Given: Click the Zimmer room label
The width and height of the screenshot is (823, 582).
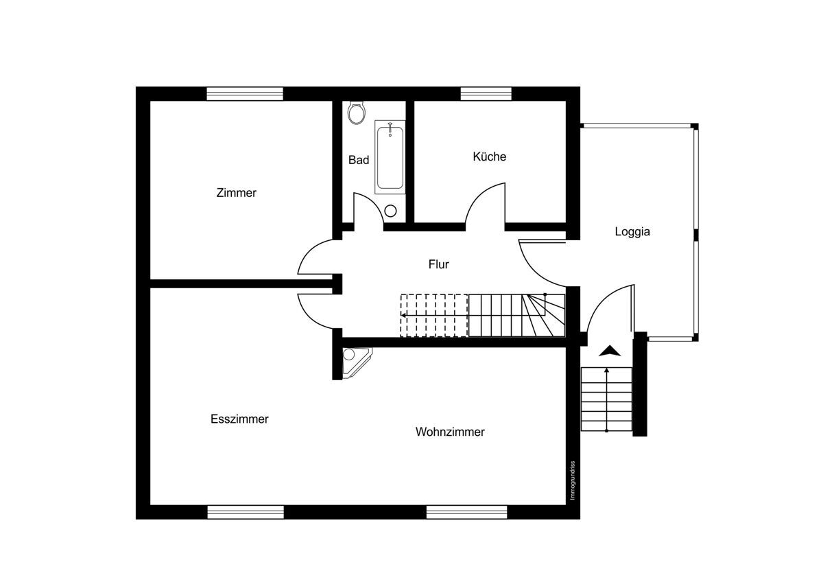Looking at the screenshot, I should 236,193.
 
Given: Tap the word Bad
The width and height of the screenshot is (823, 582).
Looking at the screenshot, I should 358,160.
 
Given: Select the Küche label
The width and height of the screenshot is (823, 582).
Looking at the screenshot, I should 489,156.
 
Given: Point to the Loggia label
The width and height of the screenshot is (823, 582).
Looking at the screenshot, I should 632,232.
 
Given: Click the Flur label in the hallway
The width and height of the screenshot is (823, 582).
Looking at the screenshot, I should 438,264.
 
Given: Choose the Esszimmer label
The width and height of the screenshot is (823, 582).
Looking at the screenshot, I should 239,419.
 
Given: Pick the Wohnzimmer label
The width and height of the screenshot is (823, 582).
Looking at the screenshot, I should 450,432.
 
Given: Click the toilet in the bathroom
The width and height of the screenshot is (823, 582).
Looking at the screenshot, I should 355,113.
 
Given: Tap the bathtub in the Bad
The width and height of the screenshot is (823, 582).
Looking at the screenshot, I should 390,156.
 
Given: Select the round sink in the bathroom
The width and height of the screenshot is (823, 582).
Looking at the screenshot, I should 391,211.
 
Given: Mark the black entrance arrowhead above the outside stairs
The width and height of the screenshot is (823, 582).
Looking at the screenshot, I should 609,351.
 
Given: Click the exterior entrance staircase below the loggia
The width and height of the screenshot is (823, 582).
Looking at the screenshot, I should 606,399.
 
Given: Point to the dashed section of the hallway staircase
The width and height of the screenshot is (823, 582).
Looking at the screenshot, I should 433,315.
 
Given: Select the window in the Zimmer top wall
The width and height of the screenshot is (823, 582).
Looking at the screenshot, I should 245,94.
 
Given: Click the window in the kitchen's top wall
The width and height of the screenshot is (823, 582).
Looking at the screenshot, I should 486,94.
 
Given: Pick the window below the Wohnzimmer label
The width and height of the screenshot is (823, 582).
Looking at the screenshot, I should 466,512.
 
